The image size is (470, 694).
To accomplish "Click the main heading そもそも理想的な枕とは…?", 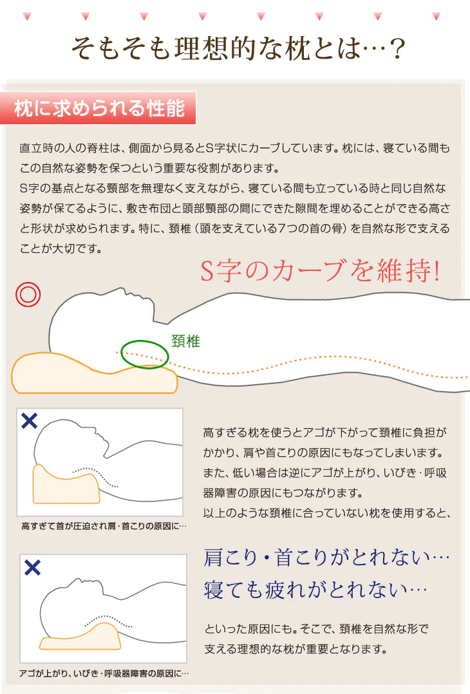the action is [x=238, y=48].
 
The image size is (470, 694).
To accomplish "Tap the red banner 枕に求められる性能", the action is [x=99, y=108].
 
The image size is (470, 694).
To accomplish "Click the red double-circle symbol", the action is [x=28, y=294].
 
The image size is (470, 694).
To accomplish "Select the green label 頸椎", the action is [x=185, y=341].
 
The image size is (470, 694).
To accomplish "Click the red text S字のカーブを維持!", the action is [x=320, y=270].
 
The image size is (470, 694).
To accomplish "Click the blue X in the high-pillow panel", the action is [x=29, y=421].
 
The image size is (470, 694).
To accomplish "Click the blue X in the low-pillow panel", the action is [x=32, y=567].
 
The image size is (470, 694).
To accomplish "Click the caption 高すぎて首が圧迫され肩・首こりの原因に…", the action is [x=104, y=526].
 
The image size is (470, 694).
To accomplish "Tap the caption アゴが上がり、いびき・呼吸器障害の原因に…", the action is [x=104, y=673].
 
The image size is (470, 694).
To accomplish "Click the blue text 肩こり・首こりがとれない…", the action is [x=326, y=558].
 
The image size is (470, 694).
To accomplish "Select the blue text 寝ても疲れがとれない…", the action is [x=315, y=590].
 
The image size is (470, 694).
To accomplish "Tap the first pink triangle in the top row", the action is [x=27, y=16].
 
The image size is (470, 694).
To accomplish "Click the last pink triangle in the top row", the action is [x=436, y=16].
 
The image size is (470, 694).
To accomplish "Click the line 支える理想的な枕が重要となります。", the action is [x=296, y=650].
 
